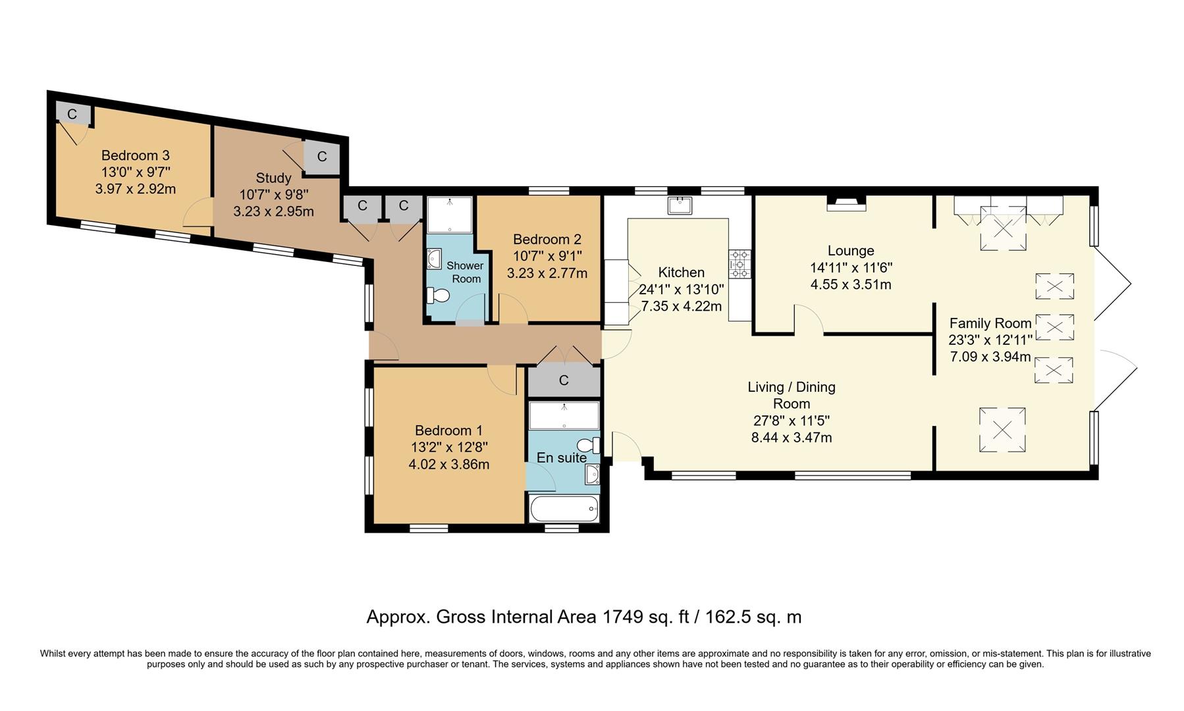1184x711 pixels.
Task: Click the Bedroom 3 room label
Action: coord(135,156)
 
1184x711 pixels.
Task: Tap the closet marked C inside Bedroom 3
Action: coord(72,115)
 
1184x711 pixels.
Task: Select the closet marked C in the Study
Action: coord(321,157)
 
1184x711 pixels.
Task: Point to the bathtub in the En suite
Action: coord(564,509)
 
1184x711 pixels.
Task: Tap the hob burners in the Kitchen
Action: coord(740,264)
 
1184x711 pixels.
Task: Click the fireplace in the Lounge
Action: coord(846,203)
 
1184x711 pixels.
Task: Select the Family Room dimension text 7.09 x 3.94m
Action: coord(990,357)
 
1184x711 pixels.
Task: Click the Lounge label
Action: coord(851,251)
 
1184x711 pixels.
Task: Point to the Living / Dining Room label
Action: coord(791,395)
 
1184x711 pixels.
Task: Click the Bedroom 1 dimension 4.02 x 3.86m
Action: coord(448,464)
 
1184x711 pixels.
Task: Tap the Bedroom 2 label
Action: coord(547,239)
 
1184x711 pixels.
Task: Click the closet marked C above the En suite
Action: coord(564,381)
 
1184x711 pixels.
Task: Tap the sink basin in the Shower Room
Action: coord(435,261)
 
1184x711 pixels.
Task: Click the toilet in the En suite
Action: coord(589,444)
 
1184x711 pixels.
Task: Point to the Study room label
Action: coord(273,178)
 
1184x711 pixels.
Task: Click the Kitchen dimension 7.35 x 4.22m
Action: coord(681,307)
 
